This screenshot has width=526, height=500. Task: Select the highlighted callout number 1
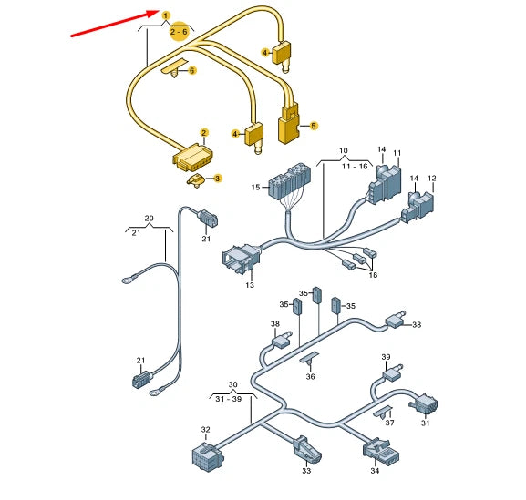coord(165,15)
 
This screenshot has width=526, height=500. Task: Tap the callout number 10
coord(344,149)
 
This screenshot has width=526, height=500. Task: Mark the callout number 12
coord(431,178)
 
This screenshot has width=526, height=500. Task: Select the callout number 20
coord(149,219)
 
